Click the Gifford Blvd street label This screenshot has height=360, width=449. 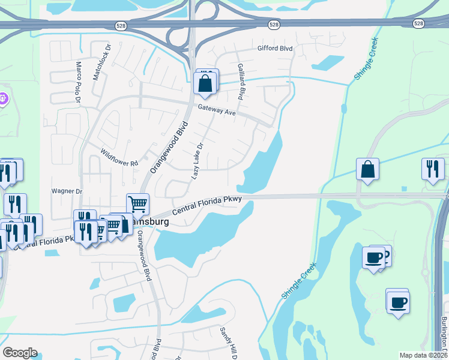pos(274,49)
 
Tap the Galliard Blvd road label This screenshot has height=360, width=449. pos(241,81)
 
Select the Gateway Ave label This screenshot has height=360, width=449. pos(217,111)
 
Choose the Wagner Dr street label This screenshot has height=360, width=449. pos(66,191)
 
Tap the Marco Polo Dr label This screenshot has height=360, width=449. pos(78,82)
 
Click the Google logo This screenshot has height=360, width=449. pos(20,353)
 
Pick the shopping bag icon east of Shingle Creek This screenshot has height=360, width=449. pos(367,169)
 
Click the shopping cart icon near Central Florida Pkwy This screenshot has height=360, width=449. pos(138,204)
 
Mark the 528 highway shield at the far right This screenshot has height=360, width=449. pos(418,23)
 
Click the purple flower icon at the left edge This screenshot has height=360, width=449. pos(2,98)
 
